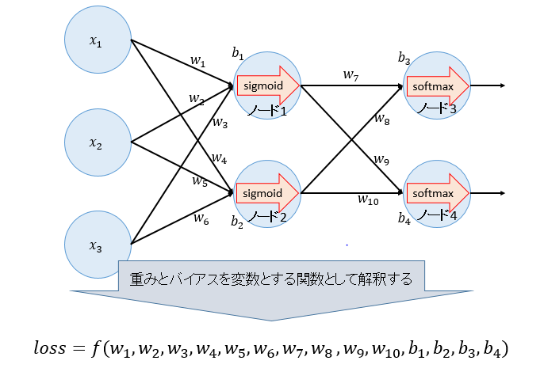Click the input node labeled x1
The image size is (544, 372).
[x=97, y=41]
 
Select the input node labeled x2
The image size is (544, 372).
[x=97, y=143]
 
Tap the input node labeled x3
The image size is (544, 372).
[x=97, y=246]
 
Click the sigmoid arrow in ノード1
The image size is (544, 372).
[x=269, y=85]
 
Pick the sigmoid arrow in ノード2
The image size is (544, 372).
[x=269, y=192]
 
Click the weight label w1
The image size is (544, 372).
[x=197, y=60]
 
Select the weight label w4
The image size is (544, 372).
[x=220, y=159]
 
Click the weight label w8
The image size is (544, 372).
[x=381, y=120]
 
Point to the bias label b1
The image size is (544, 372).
[x=238, y=53]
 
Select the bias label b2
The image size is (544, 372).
[x=238, y=223]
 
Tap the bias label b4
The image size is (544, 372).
[x=404, y=218]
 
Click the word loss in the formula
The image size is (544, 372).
[x=52, y=348]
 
